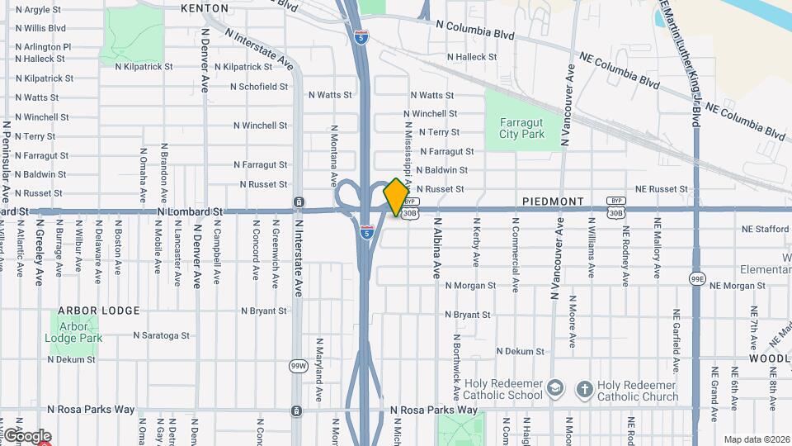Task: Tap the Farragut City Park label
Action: tap(522, 128)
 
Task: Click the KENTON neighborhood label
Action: tap(205, 8)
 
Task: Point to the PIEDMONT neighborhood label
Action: tap(553, 202)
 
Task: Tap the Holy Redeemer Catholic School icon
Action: tap(556, 389)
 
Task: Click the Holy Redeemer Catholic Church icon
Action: tap(584, 389)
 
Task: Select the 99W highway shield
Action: tap(298, 366)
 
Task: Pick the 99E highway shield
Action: tap(697, 280)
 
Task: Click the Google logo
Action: tap(27, 435)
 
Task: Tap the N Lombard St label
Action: tap(190, 211)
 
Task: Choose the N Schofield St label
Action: tap(259, 86)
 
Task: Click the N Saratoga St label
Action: tap(162, 335)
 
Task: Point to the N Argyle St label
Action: tap(38, 10)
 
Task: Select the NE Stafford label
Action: tap(766, 229)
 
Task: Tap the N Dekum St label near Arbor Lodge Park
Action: tap(71, 359)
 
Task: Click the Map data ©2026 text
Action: tap(756, 439)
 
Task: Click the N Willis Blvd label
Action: tap(40, 27)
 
